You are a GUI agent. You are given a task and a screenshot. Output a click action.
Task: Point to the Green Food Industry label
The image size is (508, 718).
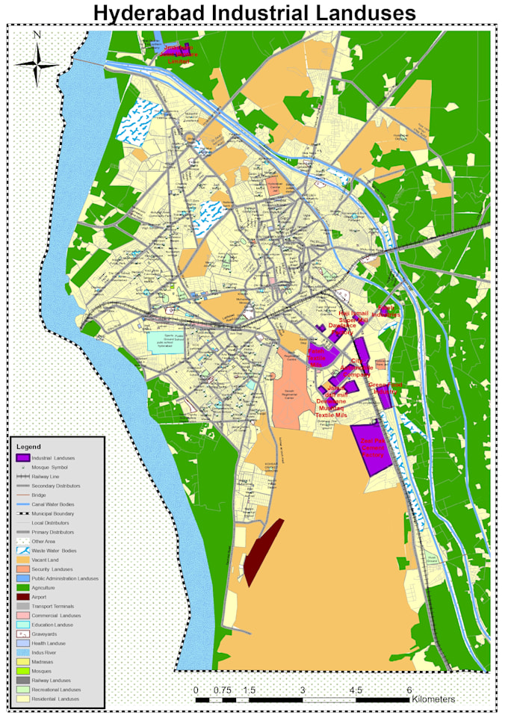pos(385,388)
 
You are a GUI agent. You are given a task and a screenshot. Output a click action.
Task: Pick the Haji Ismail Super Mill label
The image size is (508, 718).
pos(353,318)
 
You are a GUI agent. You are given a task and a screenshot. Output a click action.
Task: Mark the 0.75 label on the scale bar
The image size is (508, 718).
pos(222,690)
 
